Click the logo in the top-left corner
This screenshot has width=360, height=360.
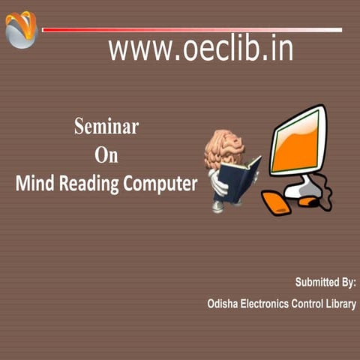[21, 29]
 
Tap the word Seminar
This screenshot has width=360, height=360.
[106, 126]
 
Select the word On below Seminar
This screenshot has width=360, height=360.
[106, 155]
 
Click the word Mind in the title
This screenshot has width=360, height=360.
[35, 184]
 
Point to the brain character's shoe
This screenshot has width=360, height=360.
[218, 206]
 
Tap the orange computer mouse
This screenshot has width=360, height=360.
[307, 201]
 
